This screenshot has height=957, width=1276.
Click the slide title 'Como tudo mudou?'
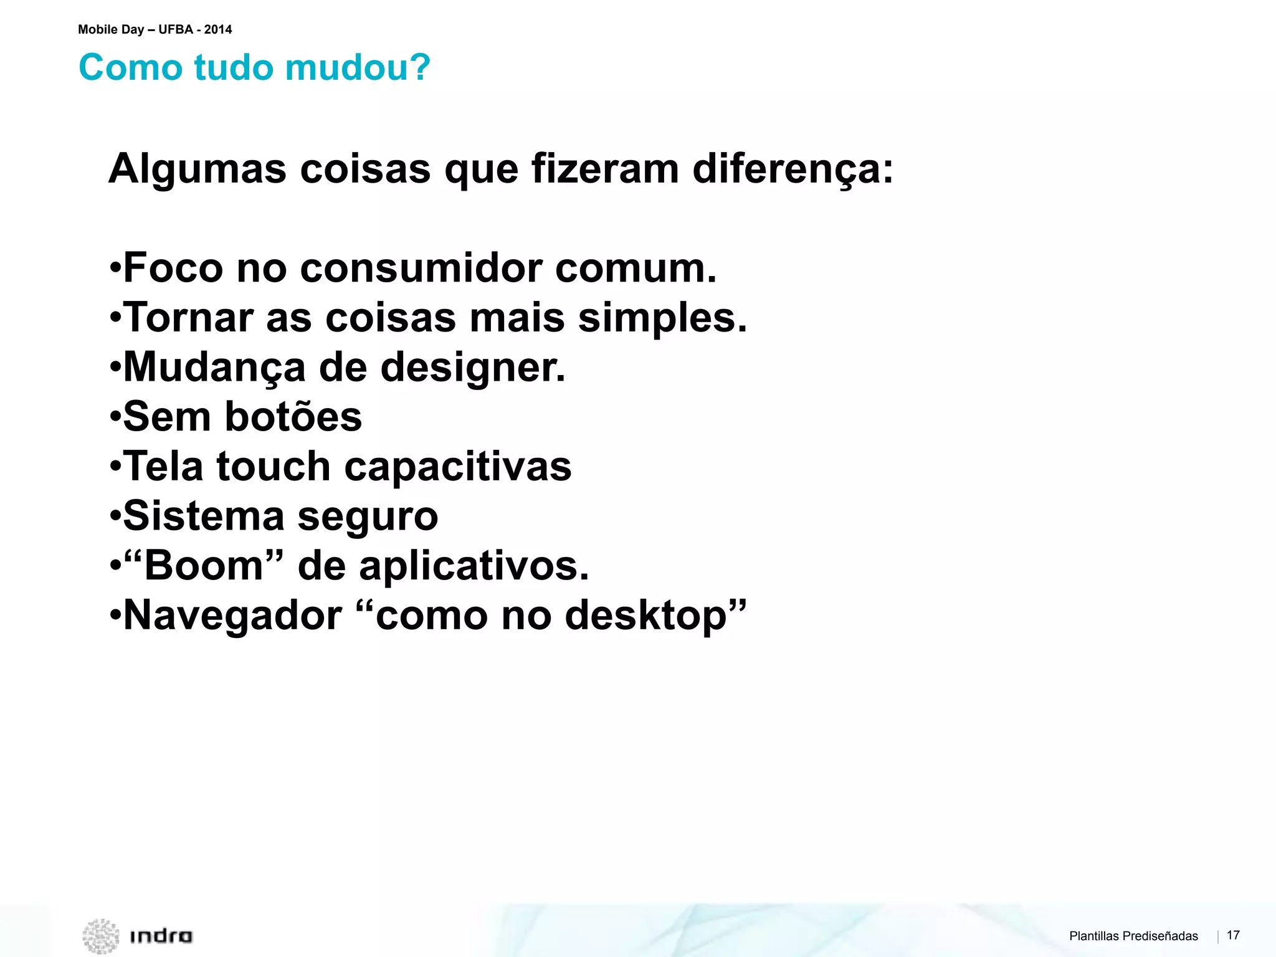[254, 67]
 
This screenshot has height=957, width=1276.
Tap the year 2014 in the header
[218, 29]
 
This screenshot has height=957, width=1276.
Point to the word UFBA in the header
[176, 29]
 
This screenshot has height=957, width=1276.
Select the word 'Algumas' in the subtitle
[198, 169]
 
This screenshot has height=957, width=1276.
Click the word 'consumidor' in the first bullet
[421, 268]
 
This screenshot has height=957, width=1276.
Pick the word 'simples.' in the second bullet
[662, 318]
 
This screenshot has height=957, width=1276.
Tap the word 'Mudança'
[214, 368]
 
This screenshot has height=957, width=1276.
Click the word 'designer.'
[473, 368]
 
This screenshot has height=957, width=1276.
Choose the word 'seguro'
[368, 517]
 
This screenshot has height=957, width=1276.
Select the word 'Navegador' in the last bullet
[232, 616]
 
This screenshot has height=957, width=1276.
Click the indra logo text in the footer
[161, 936]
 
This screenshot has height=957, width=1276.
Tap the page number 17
[1233, 935]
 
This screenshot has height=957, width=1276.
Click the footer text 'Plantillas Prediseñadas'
[1133, 936]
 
